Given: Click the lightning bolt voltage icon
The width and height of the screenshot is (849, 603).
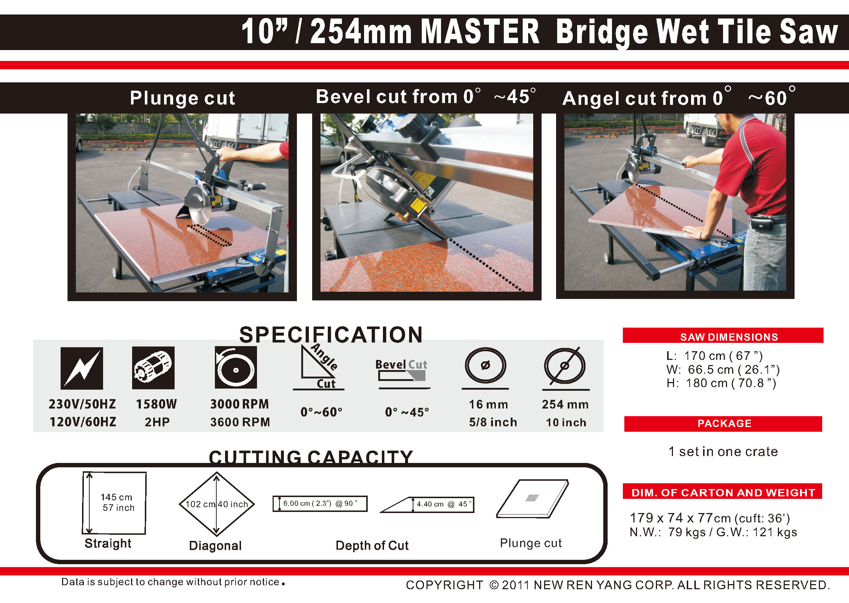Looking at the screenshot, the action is click(x=82, y=368).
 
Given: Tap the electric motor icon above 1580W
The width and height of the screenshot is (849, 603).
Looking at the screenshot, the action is click(x=154, y=368).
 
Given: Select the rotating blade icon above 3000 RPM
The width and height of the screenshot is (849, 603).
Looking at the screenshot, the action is click(x=236, y=367).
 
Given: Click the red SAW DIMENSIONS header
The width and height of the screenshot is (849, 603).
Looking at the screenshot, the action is click(x=723, y=335).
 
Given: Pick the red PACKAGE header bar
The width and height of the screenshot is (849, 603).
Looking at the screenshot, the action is click(x=723, y=424).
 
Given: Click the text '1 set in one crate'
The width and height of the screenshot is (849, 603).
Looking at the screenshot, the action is click(x=723, y=451).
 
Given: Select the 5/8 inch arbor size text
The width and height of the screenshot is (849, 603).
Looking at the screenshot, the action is click(x=493, y=422).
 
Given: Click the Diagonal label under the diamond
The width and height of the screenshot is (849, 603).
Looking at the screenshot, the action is click(x=215, y=545).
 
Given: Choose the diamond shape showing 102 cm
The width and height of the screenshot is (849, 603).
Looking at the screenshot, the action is click(x=217, y=504).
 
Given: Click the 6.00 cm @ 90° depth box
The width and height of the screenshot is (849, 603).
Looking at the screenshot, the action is click(x=320, y=504).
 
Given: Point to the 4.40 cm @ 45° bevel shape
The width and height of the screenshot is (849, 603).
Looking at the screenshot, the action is click(x=427, y=505).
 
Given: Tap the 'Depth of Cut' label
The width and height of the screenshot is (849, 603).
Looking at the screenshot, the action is click(x=372, y=545).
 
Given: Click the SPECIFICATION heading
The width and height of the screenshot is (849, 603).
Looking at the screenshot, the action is click(x=331, y=335).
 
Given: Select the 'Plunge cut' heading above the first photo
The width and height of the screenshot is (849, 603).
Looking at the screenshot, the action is click(x=182, y=98).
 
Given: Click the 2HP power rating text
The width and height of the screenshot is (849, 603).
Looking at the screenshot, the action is click(x=157, y=422).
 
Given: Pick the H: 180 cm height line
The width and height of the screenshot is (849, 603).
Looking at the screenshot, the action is click(x=721, y=383).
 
